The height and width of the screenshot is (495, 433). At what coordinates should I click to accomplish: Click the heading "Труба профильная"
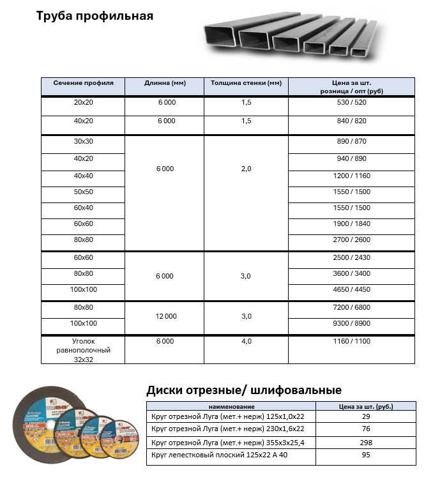[x=95, y=16]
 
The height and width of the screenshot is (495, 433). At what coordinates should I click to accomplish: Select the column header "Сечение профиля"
[x=84, y=83]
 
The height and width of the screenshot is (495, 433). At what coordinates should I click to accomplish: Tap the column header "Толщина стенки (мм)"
[x=246, y=83]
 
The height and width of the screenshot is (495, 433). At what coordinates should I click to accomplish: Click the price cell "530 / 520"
[x=352, y=102]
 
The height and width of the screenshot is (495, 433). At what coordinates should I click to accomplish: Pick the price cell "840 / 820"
[x=352, y=121]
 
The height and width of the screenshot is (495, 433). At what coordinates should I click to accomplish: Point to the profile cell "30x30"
[x=84, y=141]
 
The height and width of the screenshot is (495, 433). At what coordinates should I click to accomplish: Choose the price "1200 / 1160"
[x=352, y=176]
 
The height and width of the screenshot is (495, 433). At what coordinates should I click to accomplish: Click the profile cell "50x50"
[x=84, y=192]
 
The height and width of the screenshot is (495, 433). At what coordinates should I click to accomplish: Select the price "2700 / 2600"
[x=352, y=240]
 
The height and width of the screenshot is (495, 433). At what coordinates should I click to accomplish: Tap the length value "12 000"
[x=165, y=316]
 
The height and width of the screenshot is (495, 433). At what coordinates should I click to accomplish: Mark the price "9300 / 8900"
[x=352, y=323]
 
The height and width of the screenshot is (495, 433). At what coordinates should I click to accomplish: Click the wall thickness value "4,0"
[x=246, y=341]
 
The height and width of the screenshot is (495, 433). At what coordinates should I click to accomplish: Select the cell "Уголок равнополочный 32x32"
[x=84, y=350]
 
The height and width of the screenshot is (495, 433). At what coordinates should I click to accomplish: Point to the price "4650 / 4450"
[x=352, y=289]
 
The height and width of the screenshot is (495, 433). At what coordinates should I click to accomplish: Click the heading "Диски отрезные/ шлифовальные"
[x=244, y=390]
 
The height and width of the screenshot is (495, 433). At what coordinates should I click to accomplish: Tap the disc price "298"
[x=365, y=442]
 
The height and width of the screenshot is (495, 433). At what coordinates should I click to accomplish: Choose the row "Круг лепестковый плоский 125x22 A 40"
[x=231, y=455]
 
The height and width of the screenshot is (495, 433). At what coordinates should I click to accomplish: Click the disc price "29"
[x=365, y=416]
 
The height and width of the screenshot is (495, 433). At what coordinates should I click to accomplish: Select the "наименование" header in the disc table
[x=231, y=406]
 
